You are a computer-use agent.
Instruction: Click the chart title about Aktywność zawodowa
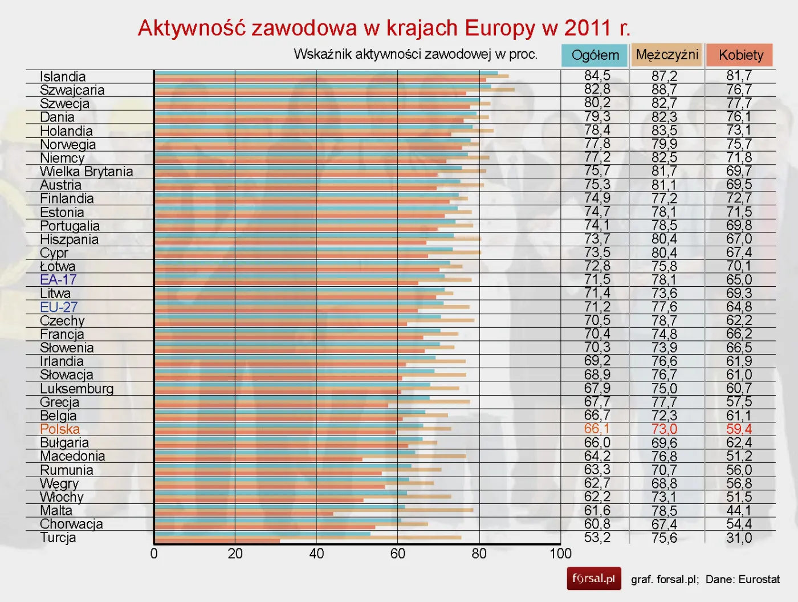pyautogui.click(x=384, y=28)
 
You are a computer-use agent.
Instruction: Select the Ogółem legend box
pyautogui.click(x=595, y=55)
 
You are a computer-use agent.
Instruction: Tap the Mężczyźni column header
pyautogui.click(x=667, y=55)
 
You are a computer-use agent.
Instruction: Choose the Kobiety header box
pyautogui.click(x=740, y=55)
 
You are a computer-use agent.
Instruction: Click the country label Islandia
pyautogui.click(x=63, y=76)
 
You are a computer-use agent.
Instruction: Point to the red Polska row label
pyautogui.click(x=60, y=429)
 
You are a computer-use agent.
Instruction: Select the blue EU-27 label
pyautogui.click(x=59, y=307)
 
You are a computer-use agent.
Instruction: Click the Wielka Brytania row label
pyautogui.click(x=86, y=172)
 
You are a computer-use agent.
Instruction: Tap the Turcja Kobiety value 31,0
pyautogui.click(x=739, y=538)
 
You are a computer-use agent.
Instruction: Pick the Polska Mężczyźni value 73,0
pyautogui.click(x=664, y=429)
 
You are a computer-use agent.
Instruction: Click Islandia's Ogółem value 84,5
pyautogui.click(x=597, y=76)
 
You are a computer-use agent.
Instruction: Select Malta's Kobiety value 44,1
pyautogui.click(x=739, y=510)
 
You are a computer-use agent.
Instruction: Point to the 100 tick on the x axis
pyautogui.click(x=560, y=554)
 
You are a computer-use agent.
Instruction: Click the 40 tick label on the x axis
pyautogui.click(x=316, y=554)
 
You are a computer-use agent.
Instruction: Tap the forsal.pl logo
pyautogui.click(x=593, y=579)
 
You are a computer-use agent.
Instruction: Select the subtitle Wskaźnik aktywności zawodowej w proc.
pyautogui.click(x=416, y=54)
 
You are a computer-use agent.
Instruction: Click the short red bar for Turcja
pyautogui.click(x=217, y=540)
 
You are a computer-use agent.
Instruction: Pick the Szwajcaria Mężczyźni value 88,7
pyautogui.click(x=664, y=90)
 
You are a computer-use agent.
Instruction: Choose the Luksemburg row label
pyautogui.click(x=76, y=389)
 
